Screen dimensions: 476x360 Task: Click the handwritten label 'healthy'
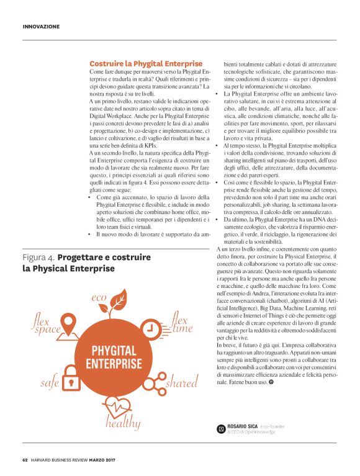point(122,423)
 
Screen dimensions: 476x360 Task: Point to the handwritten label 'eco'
point(100,298)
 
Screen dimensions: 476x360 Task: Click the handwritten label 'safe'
point(50,383)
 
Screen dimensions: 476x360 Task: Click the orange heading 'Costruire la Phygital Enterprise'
point(146,64)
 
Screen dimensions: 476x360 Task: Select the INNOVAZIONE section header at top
point(41,27)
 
